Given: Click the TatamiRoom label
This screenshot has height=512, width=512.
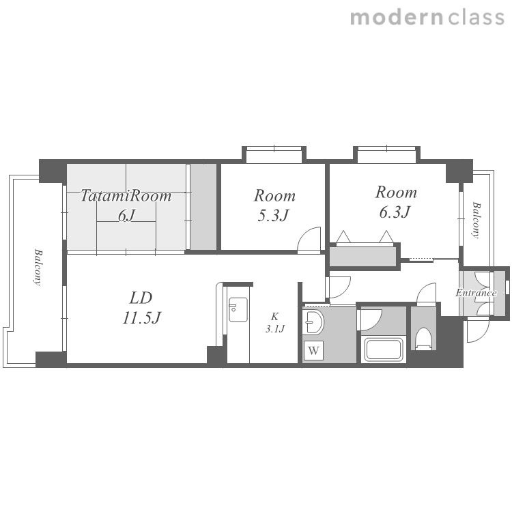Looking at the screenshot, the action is (x=126, y=196).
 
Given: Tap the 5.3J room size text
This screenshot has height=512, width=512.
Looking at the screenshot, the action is (x=273, y=216).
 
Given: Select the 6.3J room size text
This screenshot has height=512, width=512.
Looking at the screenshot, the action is (x=395, y=212).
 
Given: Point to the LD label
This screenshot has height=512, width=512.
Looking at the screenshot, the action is (x=141, y=298).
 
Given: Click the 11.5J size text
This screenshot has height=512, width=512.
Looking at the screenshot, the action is (x=142, y=317).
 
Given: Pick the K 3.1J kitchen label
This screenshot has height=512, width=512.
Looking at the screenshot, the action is (x=274, y=323).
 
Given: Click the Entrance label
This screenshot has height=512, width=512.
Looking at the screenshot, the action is (x=476, y=293).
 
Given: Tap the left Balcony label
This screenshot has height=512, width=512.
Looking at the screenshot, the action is (x=38, y=268).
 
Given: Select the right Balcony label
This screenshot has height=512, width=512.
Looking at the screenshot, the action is (x=477, y=221).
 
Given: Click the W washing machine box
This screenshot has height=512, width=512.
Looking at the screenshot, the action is (x=313, y=350).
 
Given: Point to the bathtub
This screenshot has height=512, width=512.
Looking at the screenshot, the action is (x=384, y=350).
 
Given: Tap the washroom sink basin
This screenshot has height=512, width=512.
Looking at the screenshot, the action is (x=313, y=322).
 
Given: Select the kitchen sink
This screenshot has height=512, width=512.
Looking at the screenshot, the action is (x=238, y=309).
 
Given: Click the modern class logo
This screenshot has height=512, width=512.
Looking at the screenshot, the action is (x=427, y=18).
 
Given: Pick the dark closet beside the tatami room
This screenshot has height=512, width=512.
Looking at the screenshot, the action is (x=203, y=207).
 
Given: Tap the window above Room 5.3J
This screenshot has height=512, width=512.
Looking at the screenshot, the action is (x=274, y=155).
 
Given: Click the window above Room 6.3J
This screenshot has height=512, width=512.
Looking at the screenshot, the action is (x=386, y=155).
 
